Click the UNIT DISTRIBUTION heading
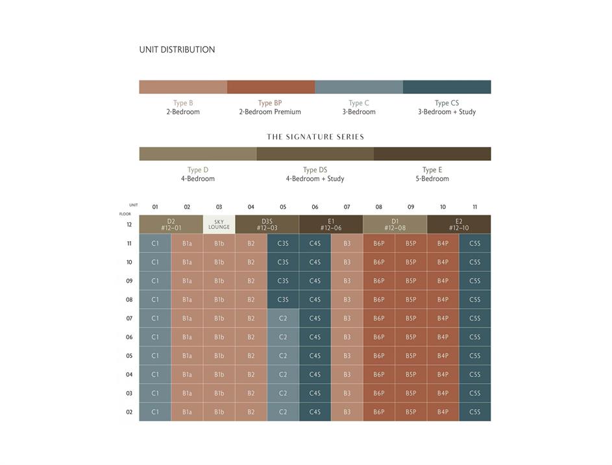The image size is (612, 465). coord(177,49)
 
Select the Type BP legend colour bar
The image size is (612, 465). coord(271,87)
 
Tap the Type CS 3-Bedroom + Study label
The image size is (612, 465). coord(447,108)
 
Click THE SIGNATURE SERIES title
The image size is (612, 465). coord(315,137)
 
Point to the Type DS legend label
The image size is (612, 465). coord(315,174)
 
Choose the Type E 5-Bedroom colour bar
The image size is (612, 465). coord(432,154)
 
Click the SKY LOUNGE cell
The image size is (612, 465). coord(219,224)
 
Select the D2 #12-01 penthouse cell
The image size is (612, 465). coord(171,224)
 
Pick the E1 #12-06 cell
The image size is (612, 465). coord(331,224)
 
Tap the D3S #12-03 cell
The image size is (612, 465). coord(267,224)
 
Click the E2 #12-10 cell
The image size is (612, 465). coord(459,224)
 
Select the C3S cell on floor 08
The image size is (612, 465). coord(283,300)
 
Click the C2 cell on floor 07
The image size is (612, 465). coord(283,318)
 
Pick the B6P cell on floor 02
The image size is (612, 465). coord(379,412)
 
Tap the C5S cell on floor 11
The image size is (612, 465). coord(475,244)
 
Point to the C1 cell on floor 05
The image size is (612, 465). coord(155,356)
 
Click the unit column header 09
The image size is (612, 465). coord(411,208)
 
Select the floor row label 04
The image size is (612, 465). coord(129,375)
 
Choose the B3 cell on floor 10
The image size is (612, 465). coord(347,263)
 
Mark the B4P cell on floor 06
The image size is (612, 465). coord(443,337)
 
